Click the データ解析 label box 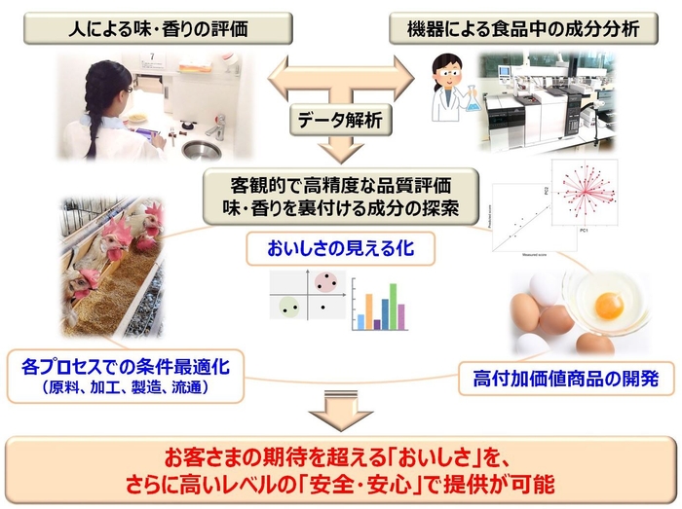(342, 122)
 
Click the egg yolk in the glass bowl (609, 305)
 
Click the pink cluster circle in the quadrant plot (331, 283)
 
